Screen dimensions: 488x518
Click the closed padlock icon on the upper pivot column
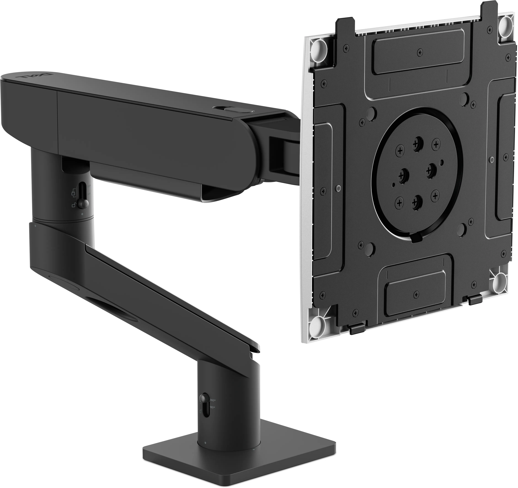click(x=74, y=193)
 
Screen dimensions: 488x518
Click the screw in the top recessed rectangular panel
click(x=420, y=52)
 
